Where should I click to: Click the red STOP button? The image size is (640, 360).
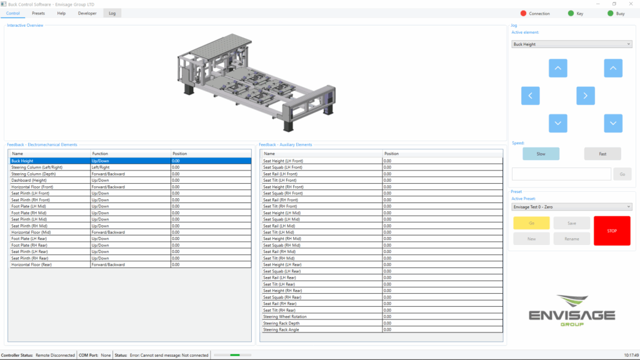pyautogui.click(x=612, y=231)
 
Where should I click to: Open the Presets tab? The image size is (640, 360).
pyautogui.click(x=38, y=13)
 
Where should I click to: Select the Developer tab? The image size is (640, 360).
pyautogui.click(x=87, y=13)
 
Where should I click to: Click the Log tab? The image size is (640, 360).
pyautogui.click(x=112, y=13)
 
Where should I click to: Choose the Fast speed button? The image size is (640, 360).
pyautogui.click(x=602, y=154)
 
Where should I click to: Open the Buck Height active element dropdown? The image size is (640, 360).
pyautogui.click(x=571, y=44)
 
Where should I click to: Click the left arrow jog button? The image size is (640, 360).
pyautogui.click(x=531, y=96)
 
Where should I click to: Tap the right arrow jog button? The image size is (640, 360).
pyautogui.click(x=585, y=96)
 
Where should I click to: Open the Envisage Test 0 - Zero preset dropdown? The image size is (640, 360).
pyautogui.click(x=571, y=207)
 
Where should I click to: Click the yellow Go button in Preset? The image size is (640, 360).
pyautogui.click(x=531, y=223)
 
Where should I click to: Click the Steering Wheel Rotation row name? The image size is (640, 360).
pyautogui.click(x=286, y=317)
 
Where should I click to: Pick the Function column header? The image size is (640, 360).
pyautogui.click(x=100, y=154)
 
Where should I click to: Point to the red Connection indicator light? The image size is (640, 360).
pyautogui.click(x=524, y=13)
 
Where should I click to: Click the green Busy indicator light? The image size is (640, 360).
pyautogui.click(x=610, y=13)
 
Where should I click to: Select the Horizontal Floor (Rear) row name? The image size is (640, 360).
pyautogui.click(x=31, y=264)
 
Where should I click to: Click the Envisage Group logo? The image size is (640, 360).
pyautogui.click(x=571, y=310)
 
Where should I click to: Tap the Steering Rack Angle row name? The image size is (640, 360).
pyautogui.click(x=281, y=329)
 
